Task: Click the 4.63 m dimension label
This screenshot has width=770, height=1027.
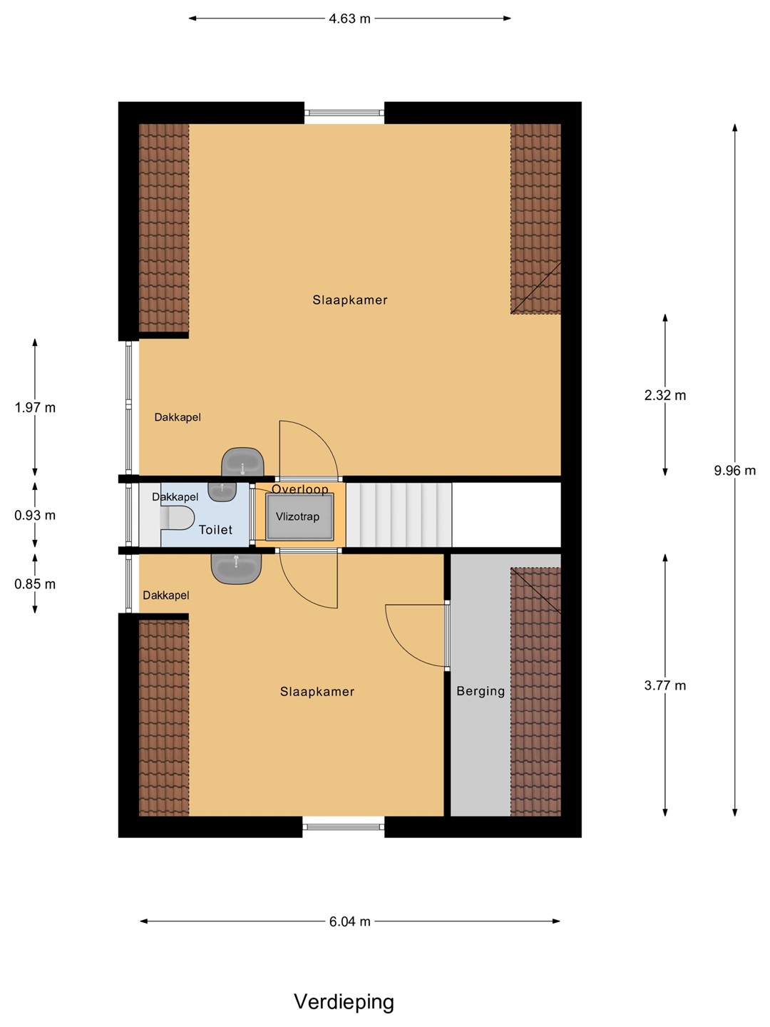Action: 349,19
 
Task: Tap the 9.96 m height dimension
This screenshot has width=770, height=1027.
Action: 734,470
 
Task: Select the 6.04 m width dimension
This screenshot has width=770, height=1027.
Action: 349,921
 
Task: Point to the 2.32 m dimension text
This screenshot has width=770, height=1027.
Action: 664,395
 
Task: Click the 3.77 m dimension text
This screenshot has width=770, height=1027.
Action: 664,685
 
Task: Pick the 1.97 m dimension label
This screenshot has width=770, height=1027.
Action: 35,407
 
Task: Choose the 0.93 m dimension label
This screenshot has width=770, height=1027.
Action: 35,515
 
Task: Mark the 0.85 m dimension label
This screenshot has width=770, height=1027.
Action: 35,584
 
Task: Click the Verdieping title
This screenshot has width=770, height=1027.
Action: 344,1002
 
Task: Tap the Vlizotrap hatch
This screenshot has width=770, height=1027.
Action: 299,517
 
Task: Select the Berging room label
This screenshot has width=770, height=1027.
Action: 481,691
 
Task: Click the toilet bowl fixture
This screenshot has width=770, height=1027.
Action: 178,518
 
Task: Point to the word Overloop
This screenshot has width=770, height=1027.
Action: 299,489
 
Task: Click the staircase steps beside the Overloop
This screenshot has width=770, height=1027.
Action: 399,515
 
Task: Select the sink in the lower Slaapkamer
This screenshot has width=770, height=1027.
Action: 237,568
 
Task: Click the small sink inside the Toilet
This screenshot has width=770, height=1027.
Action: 222,491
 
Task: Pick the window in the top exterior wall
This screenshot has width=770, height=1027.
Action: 344,113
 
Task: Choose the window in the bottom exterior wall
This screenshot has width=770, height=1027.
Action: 344,827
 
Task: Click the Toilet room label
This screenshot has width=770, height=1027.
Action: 215,530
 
